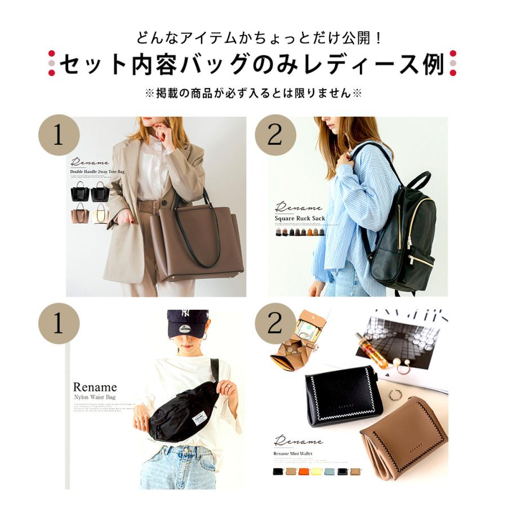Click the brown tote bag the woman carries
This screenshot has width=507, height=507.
click(x=197, y=242)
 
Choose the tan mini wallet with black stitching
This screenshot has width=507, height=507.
click(x=403, y=437)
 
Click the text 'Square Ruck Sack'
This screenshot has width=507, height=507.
click(x=300, y=218)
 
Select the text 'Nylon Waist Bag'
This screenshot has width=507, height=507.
click(x=95, y=397)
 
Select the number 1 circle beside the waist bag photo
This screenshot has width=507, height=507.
click(x=59, y=324)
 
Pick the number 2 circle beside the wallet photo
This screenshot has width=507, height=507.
click(x=275, y=324)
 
